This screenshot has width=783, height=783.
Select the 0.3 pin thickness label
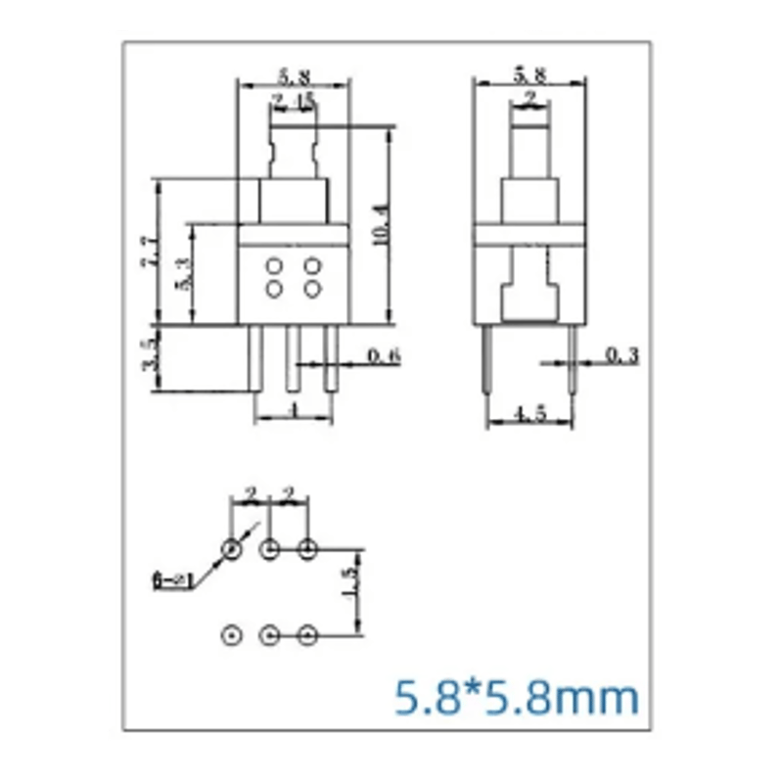pos(622,355)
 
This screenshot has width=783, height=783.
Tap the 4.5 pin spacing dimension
pos(530,415)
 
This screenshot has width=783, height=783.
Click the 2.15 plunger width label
pos(293,100)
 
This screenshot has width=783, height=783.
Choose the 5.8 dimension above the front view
pos(294,73)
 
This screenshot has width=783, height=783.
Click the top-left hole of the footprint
pos(231,550)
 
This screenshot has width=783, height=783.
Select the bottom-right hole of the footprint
pos(307,636)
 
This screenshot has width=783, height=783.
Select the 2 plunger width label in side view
pos(530,98)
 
